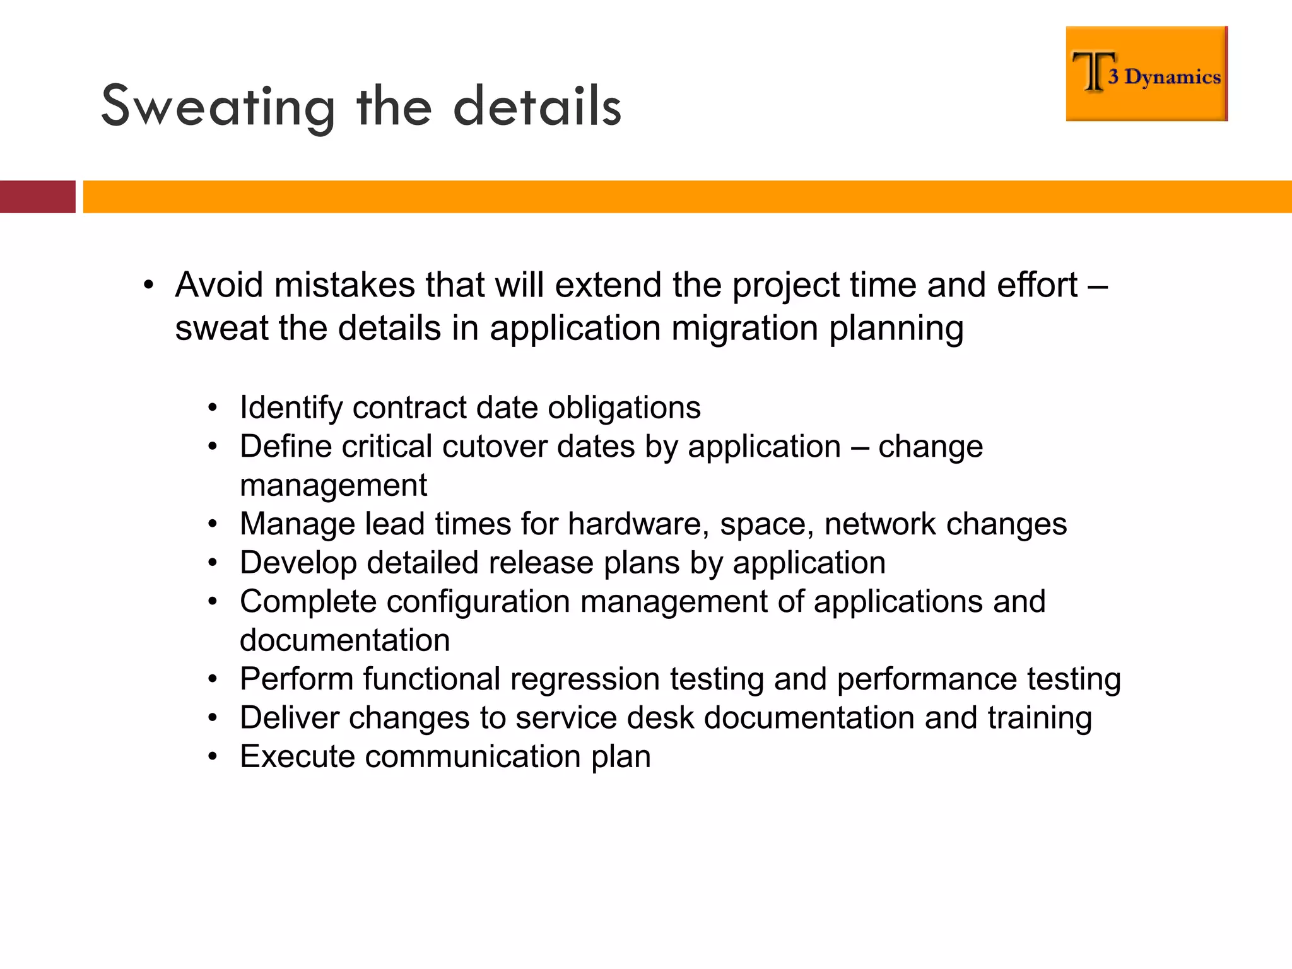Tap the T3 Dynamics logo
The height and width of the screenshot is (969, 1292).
pyautogui.click(x=1146, y=74)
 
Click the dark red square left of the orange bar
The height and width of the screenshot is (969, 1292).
pyautogui.click(x=37, y=197)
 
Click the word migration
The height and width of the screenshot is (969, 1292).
pyautogui.click(x=744, y=329)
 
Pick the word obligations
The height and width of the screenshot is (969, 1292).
pyautogui.click(x=624, y=408)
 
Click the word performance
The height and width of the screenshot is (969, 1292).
pyautogui.click(x=927, y=679)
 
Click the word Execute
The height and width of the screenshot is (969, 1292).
pyautogui.click(x=297, y=756)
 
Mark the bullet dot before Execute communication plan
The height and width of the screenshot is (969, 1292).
pyautogui.click(x=213, y=756)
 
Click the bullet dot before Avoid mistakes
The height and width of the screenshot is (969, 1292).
pyautogui.click(x=148, y=285)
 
